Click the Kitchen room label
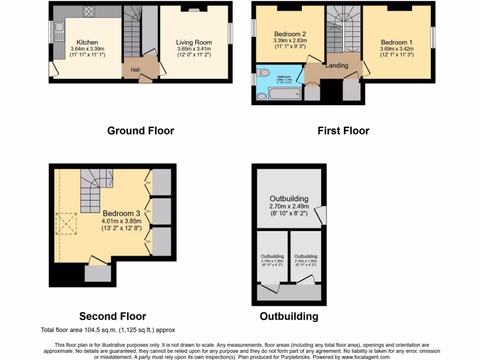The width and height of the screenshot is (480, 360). [87, 42]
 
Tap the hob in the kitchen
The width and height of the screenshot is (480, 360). [89, 12]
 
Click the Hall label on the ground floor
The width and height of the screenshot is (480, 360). [135, 70]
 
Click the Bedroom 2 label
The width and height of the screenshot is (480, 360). [290, 34]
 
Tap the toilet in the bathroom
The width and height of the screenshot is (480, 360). [264, 73]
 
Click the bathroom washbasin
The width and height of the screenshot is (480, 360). [261, 96]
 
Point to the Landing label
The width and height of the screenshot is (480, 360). [337, 65]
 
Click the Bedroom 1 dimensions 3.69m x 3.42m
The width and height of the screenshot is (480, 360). [397, 48]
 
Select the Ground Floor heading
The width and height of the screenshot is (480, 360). [141, 131]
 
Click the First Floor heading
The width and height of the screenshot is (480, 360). [343, 131]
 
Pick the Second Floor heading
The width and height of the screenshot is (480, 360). [112, 316]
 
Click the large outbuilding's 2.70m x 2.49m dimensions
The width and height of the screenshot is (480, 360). [289, 206]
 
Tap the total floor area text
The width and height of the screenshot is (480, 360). [108, 330]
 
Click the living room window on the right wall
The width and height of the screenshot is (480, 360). [231, 34]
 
